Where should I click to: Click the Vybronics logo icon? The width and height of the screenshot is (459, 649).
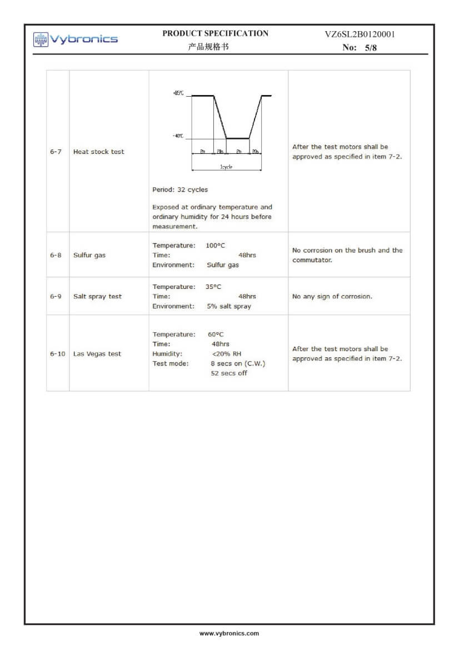[x=41, y=39]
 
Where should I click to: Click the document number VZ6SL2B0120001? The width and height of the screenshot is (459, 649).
[x=360, y=34]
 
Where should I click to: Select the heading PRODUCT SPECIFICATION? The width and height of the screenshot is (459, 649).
[x=215, y=33]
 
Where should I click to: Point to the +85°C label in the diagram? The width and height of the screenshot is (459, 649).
[x=178, y=94]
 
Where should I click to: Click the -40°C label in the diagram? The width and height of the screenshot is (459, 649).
[x=178, y=136]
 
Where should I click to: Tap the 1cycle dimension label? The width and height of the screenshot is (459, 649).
[x=226, y=167]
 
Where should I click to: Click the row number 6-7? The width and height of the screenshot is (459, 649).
[x=56, y=152]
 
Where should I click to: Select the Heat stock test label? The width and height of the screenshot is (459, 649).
[x=99, y=152]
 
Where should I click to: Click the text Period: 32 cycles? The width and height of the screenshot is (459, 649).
[x=180, y=189]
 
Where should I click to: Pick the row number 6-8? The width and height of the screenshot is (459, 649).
[x=56, y=255]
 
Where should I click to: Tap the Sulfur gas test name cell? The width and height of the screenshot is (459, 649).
[x=89, y=255]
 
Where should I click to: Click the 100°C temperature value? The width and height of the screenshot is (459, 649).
[x=215, y=245]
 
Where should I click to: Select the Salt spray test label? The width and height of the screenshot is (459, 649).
[x=97, y=296]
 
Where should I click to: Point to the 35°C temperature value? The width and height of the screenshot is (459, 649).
[x=212, y=287]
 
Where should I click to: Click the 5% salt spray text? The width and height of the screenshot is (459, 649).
[x=228, y=306]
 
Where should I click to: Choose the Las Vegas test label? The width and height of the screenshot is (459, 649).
[x=97, y=353]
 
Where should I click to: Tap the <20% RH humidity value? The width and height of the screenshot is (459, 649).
[x=226, y=353]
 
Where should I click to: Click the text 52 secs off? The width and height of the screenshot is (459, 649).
[x=228, y=373]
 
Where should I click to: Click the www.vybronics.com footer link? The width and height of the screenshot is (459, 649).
[x=229, y=633]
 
